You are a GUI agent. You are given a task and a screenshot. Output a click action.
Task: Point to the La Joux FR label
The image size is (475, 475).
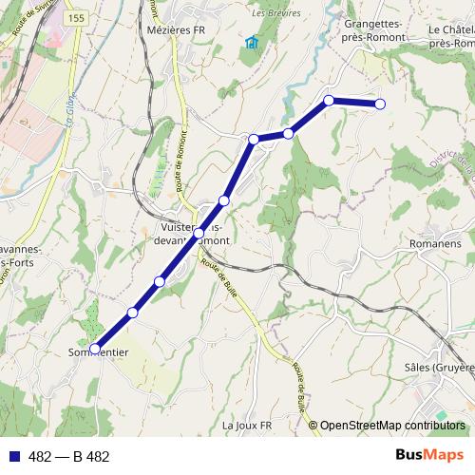(247, 426)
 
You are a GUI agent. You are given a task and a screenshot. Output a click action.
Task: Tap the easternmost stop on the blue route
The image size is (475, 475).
(380, 104)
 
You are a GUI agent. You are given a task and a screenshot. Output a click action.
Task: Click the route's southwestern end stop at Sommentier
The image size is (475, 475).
(94, 348)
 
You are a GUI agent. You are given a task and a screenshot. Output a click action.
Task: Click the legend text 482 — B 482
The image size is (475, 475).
(69, 457)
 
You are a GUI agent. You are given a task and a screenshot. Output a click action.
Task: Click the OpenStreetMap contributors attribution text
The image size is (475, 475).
(392, 426)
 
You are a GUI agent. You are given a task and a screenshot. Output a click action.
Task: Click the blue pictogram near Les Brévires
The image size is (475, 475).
(252, 42)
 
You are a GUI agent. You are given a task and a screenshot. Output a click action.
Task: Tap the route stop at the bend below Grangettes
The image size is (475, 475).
(329, 100)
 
